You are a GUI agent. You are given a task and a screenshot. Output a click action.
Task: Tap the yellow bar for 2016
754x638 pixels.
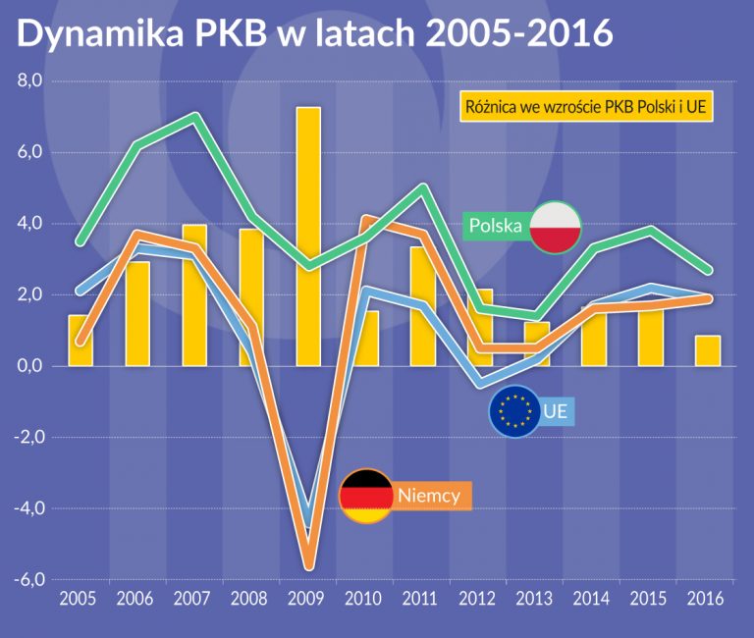(x=708, y=350)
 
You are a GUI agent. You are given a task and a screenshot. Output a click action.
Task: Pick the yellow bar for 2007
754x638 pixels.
(x=194, y=294)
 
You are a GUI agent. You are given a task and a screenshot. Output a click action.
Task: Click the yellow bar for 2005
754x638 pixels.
(x=81, y=341)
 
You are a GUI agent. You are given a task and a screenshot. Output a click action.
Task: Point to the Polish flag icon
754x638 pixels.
(x=556, y=227)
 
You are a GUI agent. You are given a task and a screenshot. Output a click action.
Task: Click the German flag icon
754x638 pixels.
(x=364, y=496)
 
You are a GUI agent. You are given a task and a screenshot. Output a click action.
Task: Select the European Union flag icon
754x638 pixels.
(x=514, y=411)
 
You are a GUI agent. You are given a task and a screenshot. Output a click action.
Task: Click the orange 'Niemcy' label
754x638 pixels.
(x=429, y=496)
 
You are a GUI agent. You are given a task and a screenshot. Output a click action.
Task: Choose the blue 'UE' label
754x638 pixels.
(x=555, y=411)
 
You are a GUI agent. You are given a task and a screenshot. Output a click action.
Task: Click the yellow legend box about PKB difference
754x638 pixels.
(x=586, y=106)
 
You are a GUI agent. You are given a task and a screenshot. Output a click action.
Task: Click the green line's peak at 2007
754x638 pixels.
(x=194, y=117)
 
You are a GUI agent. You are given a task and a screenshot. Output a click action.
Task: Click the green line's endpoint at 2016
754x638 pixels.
(x=708, y=271)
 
